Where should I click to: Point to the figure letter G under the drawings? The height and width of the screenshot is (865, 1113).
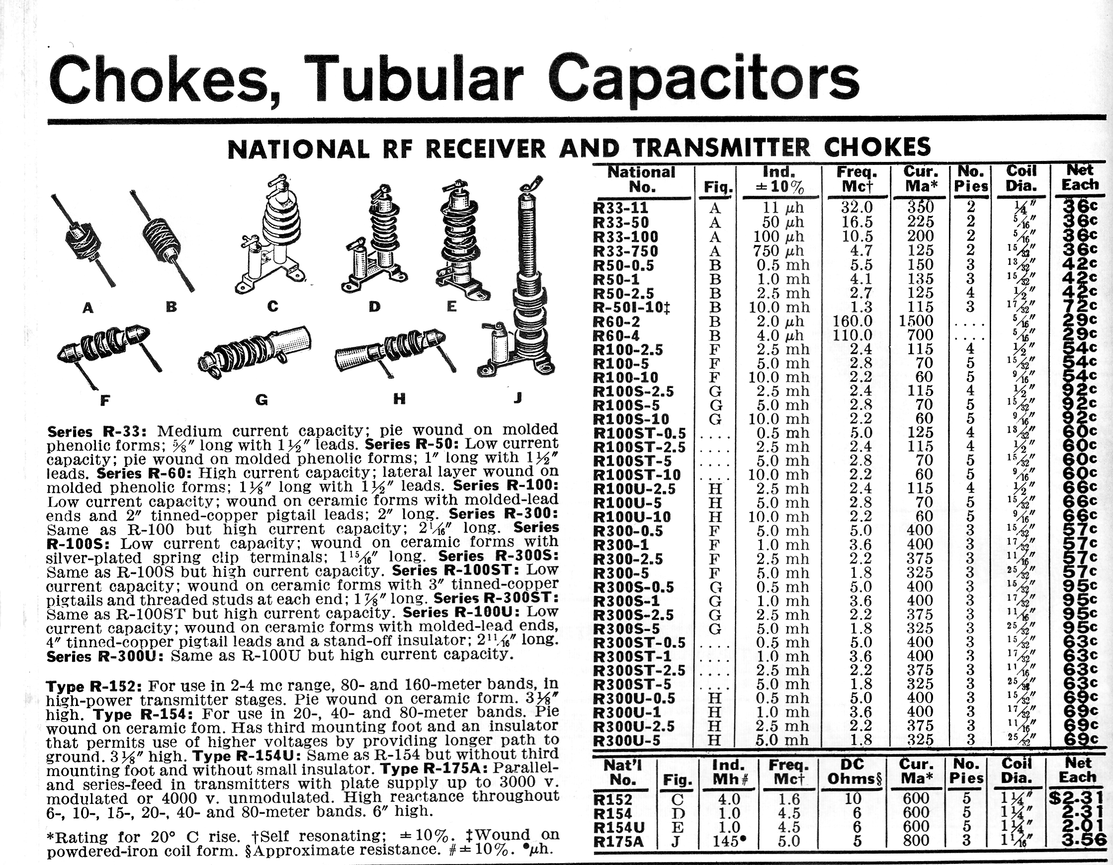coord(261,400)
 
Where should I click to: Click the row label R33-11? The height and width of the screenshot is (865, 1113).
coord(621,208)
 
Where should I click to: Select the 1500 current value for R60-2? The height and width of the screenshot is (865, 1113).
coord(916,321)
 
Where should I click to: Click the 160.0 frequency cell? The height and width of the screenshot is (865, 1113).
coord(852,321)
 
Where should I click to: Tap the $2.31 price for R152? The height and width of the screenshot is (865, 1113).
coord(1076,798)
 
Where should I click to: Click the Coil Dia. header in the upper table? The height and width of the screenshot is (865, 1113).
coord(1021,178)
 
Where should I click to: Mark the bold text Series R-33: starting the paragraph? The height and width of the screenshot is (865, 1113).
coord(97,432)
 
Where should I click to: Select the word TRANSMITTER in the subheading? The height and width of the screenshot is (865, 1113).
coord(722,148)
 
